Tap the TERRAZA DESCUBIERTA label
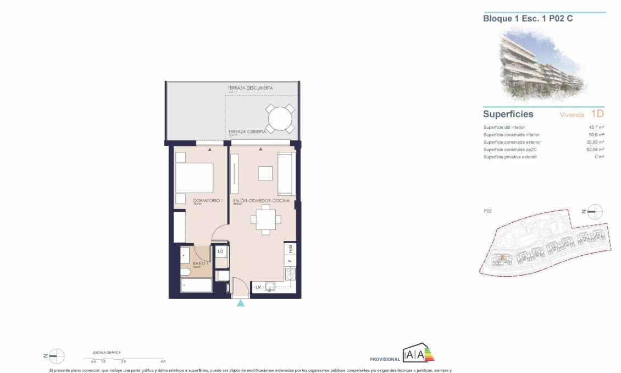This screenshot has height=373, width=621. point(250,88)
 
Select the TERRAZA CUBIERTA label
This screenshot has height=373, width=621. point(247,131)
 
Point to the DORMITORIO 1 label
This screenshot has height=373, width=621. point(208,201)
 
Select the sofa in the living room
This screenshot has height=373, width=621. point(285,174)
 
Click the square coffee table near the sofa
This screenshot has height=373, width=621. point(265,173)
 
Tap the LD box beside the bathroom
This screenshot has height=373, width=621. point(220,251)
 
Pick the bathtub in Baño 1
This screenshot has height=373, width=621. point(196,286)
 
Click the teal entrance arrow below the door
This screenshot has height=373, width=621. point(240,303)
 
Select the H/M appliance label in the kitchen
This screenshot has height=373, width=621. point(290,249)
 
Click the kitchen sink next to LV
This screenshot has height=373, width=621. point(270,286)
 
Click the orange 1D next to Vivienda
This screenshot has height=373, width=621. point(597,114)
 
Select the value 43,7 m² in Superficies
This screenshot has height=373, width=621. point(596,127)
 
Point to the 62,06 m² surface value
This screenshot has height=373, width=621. point(595,150)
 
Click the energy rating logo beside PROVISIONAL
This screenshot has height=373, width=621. point(418,354)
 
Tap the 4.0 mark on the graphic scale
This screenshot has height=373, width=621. point(163,361)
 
